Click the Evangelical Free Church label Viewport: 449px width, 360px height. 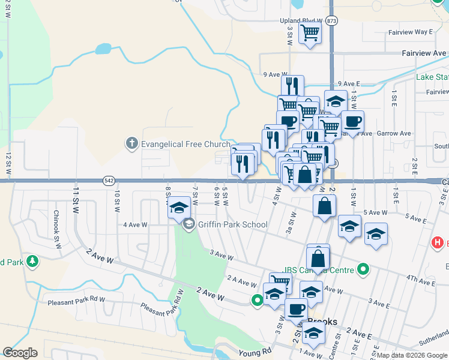pyautogui.click(x=185, y=144)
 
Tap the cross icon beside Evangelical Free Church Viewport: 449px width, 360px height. pyautogui.click(x=132, y=144)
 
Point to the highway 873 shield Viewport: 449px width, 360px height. pyautogui.click(x=333, y=20)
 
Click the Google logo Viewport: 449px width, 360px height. pyautogui.click(x=20, y=353)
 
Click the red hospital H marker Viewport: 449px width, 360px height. pyautogui.click(x=438, y=242)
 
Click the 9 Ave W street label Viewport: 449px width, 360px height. pyautogui.click(x=276, y=74)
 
